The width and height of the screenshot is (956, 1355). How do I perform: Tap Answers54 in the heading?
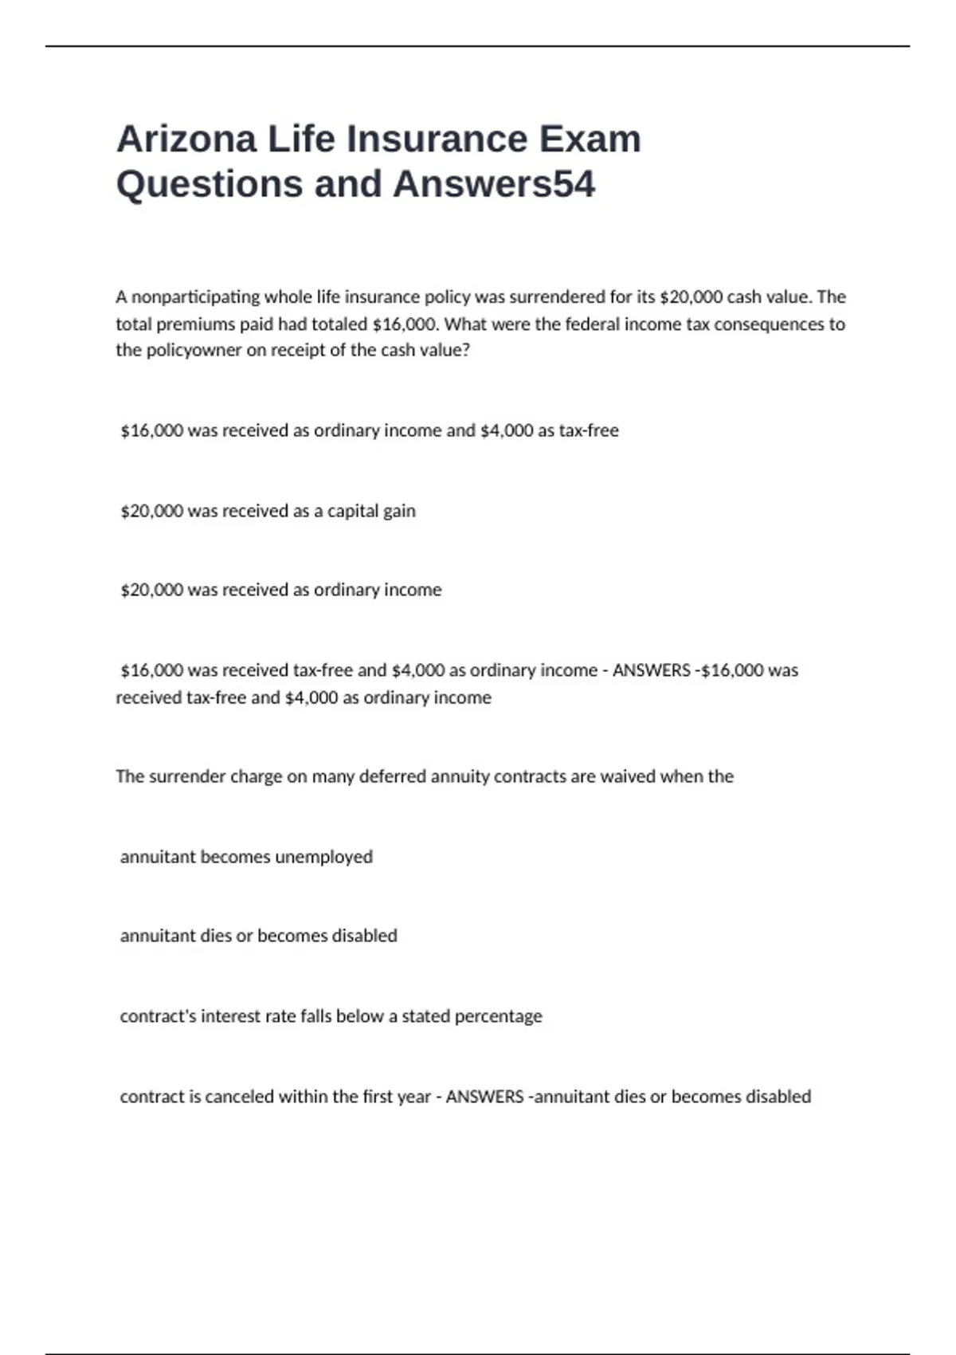494,183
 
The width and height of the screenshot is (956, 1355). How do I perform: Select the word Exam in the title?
590,139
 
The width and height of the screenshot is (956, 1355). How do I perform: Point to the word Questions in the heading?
210,183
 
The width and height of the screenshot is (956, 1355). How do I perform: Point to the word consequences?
769,324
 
